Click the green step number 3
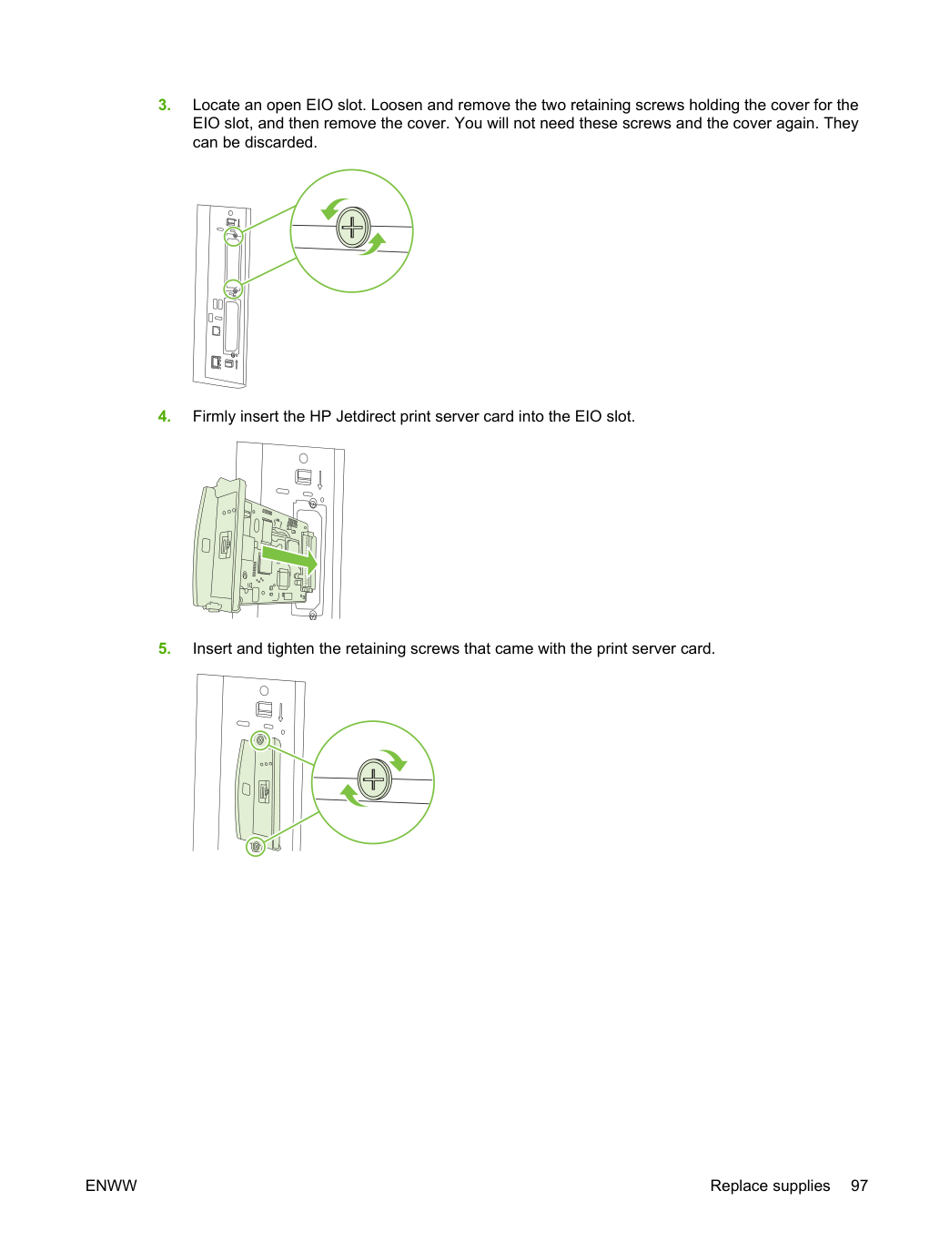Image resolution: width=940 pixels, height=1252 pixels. pos(164,105)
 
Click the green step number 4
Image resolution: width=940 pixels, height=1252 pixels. pos(164,416)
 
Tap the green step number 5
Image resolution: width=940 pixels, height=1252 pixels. pos(164,648)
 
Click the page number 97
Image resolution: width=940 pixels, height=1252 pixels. pos(858,1186)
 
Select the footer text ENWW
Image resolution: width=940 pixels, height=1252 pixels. pos(111,1186)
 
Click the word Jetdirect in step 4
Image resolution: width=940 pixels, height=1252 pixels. pos(366,416)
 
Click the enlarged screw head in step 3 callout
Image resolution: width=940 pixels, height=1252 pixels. pos(353,229)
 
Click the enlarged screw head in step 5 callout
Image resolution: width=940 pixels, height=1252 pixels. pos(375,779)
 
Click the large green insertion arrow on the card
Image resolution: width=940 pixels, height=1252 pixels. pos(289,557)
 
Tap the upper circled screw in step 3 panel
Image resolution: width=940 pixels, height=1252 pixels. pos(233,236)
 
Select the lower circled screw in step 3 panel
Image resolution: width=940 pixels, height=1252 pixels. pos(233,290)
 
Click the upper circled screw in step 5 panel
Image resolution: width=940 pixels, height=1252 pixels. pos(260,741)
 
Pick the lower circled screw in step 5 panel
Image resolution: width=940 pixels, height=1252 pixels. pos(256,847)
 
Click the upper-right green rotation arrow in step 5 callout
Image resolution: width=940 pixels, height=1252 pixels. pos(396,758)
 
